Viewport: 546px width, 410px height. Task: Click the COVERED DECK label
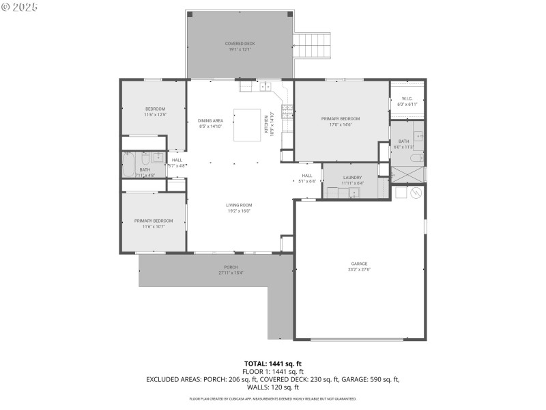[x=240, y=44]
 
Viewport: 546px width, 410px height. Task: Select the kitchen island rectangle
[x=247, y=125]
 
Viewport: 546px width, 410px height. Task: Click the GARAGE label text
[x=359, y=263]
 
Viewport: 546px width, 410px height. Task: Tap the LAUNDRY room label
[x=352, y=178]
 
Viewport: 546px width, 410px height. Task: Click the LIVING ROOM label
[x=240, y=204]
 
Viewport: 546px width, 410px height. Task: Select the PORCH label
[x=231, y=267]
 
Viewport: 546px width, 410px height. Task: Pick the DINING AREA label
[x=211, y=120]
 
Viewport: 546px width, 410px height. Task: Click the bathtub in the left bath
[x=129, y=165]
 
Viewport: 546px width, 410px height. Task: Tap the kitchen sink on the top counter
[x=265, y=87]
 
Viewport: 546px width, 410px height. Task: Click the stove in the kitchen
[x=287, y=111]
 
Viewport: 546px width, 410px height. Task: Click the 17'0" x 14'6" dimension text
[x=341, y=124]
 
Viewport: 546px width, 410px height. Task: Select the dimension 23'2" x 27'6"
[x=359, y=269]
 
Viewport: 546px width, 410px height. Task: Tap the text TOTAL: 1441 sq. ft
[x=272, y=364]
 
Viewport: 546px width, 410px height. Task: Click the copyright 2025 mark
[x=20, y=7]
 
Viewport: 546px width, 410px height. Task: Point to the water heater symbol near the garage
[x=414, y=193]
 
